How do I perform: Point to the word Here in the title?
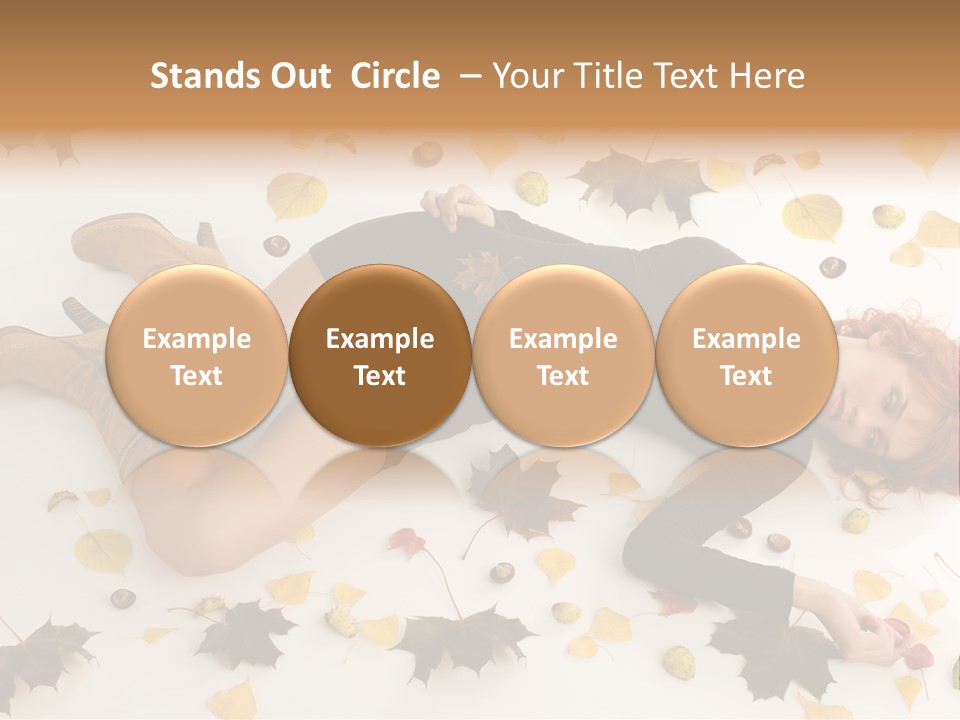click(x=769, y=76)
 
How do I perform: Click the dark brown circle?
click(x=380, y=355)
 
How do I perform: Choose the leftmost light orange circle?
click(x=197, y=355)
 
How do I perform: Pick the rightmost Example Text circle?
click(x=746, y=355)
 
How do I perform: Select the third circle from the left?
click(x=563, y=355)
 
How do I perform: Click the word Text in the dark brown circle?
click(x=380, y=376)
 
